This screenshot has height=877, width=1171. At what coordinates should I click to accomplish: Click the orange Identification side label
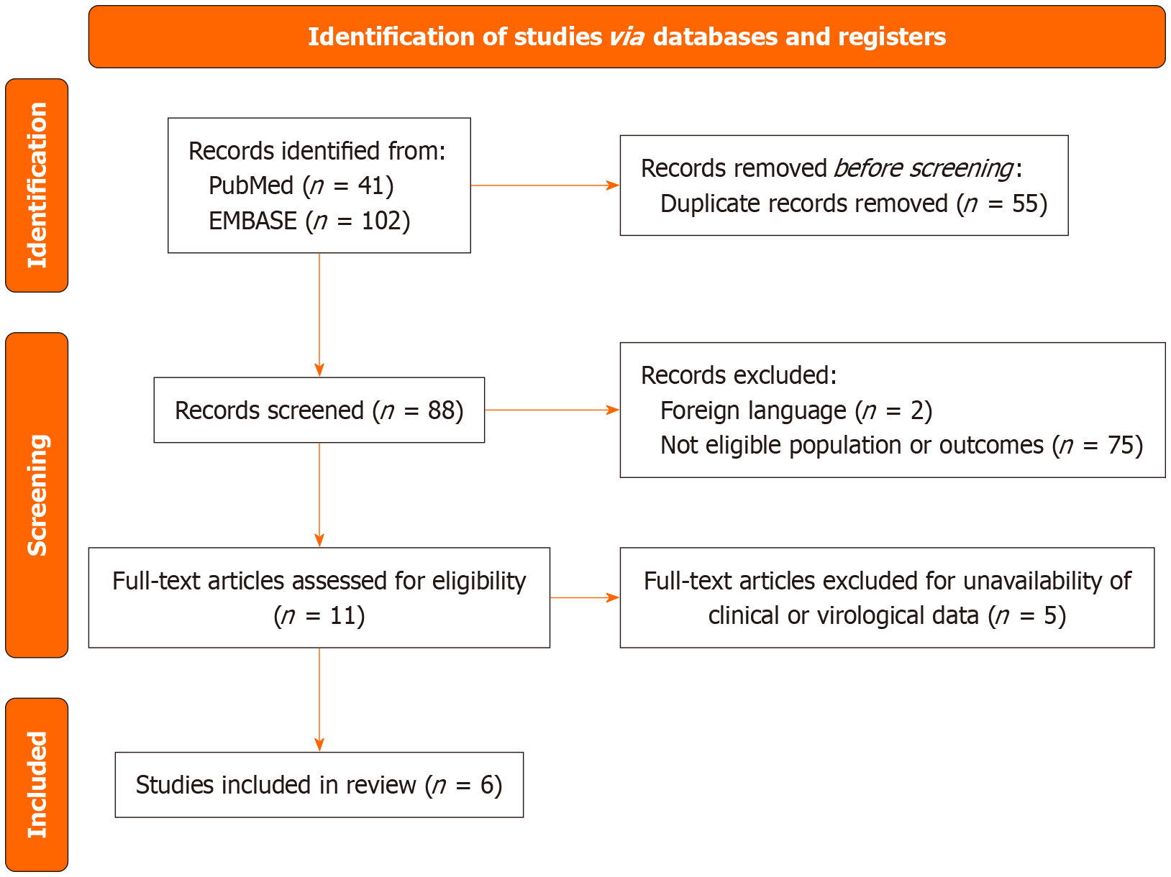click(x=37, y=185)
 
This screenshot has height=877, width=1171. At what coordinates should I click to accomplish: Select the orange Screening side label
click(x=37, y=495)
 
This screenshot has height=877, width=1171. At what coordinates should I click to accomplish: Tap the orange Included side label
click(x=37, y=784)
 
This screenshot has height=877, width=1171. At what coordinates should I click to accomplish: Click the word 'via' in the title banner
click(x=626, y=37)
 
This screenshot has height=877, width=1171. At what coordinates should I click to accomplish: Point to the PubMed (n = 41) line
click(x=301, y=186)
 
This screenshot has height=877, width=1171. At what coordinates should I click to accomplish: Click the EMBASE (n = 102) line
click(x=309, y=221)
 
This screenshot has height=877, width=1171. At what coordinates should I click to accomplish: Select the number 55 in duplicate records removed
click(x=1024, y=204)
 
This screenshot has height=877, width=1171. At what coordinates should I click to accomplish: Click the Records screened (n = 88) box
click(x=319, y=410)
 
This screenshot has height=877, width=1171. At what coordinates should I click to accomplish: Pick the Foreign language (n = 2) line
click(x=796, y=410)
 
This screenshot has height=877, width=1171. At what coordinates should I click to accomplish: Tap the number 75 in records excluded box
click(x=1120, y=446)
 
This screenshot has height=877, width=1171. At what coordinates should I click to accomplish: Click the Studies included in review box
click(x=319, y=785)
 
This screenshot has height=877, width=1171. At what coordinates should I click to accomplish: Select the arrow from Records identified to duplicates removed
click(x=545, y=185)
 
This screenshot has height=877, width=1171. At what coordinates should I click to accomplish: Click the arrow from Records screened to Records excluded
click(x=552, y=410)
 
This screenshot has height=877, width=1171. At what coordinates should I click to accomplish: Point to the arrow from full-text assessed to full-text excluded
click(x=584, y=597)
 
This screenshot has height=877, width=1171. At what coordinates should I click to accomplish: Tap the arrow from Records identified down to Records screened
click(x=319, y=315)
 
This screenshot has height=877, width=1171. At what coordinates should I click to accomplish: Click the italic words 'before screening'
click(x=924, y=169)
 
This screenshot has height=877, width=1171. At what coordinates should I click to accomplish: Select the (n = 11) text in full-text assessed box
click(x=319, y=616)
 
